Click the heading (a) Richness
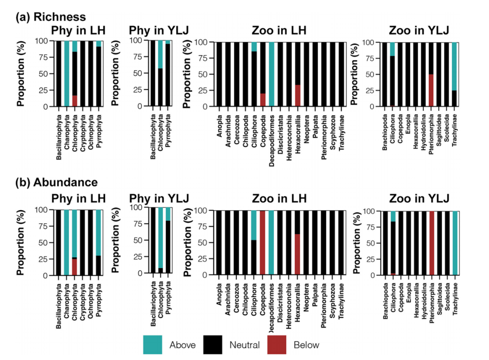click(x=51, y=17)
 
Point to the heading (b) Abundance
click(x=57, y=182)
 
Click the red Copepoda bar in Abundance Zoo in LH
click(x=263, y=243)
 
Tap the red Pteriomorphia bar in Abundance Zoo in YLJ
click(x=431, y=243)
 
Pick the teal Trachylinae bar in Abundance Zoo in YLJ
click(x=455, y=243)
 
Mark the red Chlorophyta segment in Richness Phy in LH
click(x=75, y=101)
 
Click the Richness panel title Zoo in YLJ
click(x=418, y=31)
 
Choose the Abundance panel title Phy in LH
click(x=78, y=199)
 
